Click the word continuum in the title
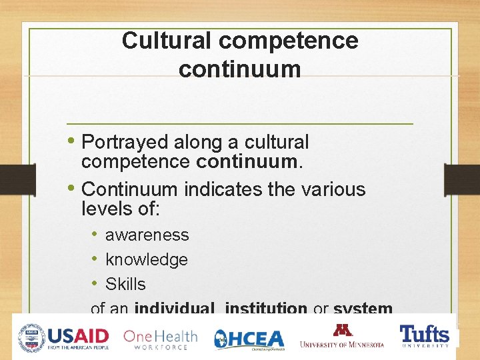239,69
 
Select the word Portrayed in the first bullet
125,143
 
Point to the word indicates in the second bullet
223,189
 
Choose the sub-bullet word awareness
147,235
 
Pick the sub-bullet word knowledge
146,260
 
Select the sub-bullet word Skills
125,284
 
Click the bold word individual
174,308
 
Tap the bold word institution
266,308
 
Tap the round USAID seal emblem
31,337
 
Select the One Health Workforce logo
161,338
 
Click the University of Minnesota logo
342,336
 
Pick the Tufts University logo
424,336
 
